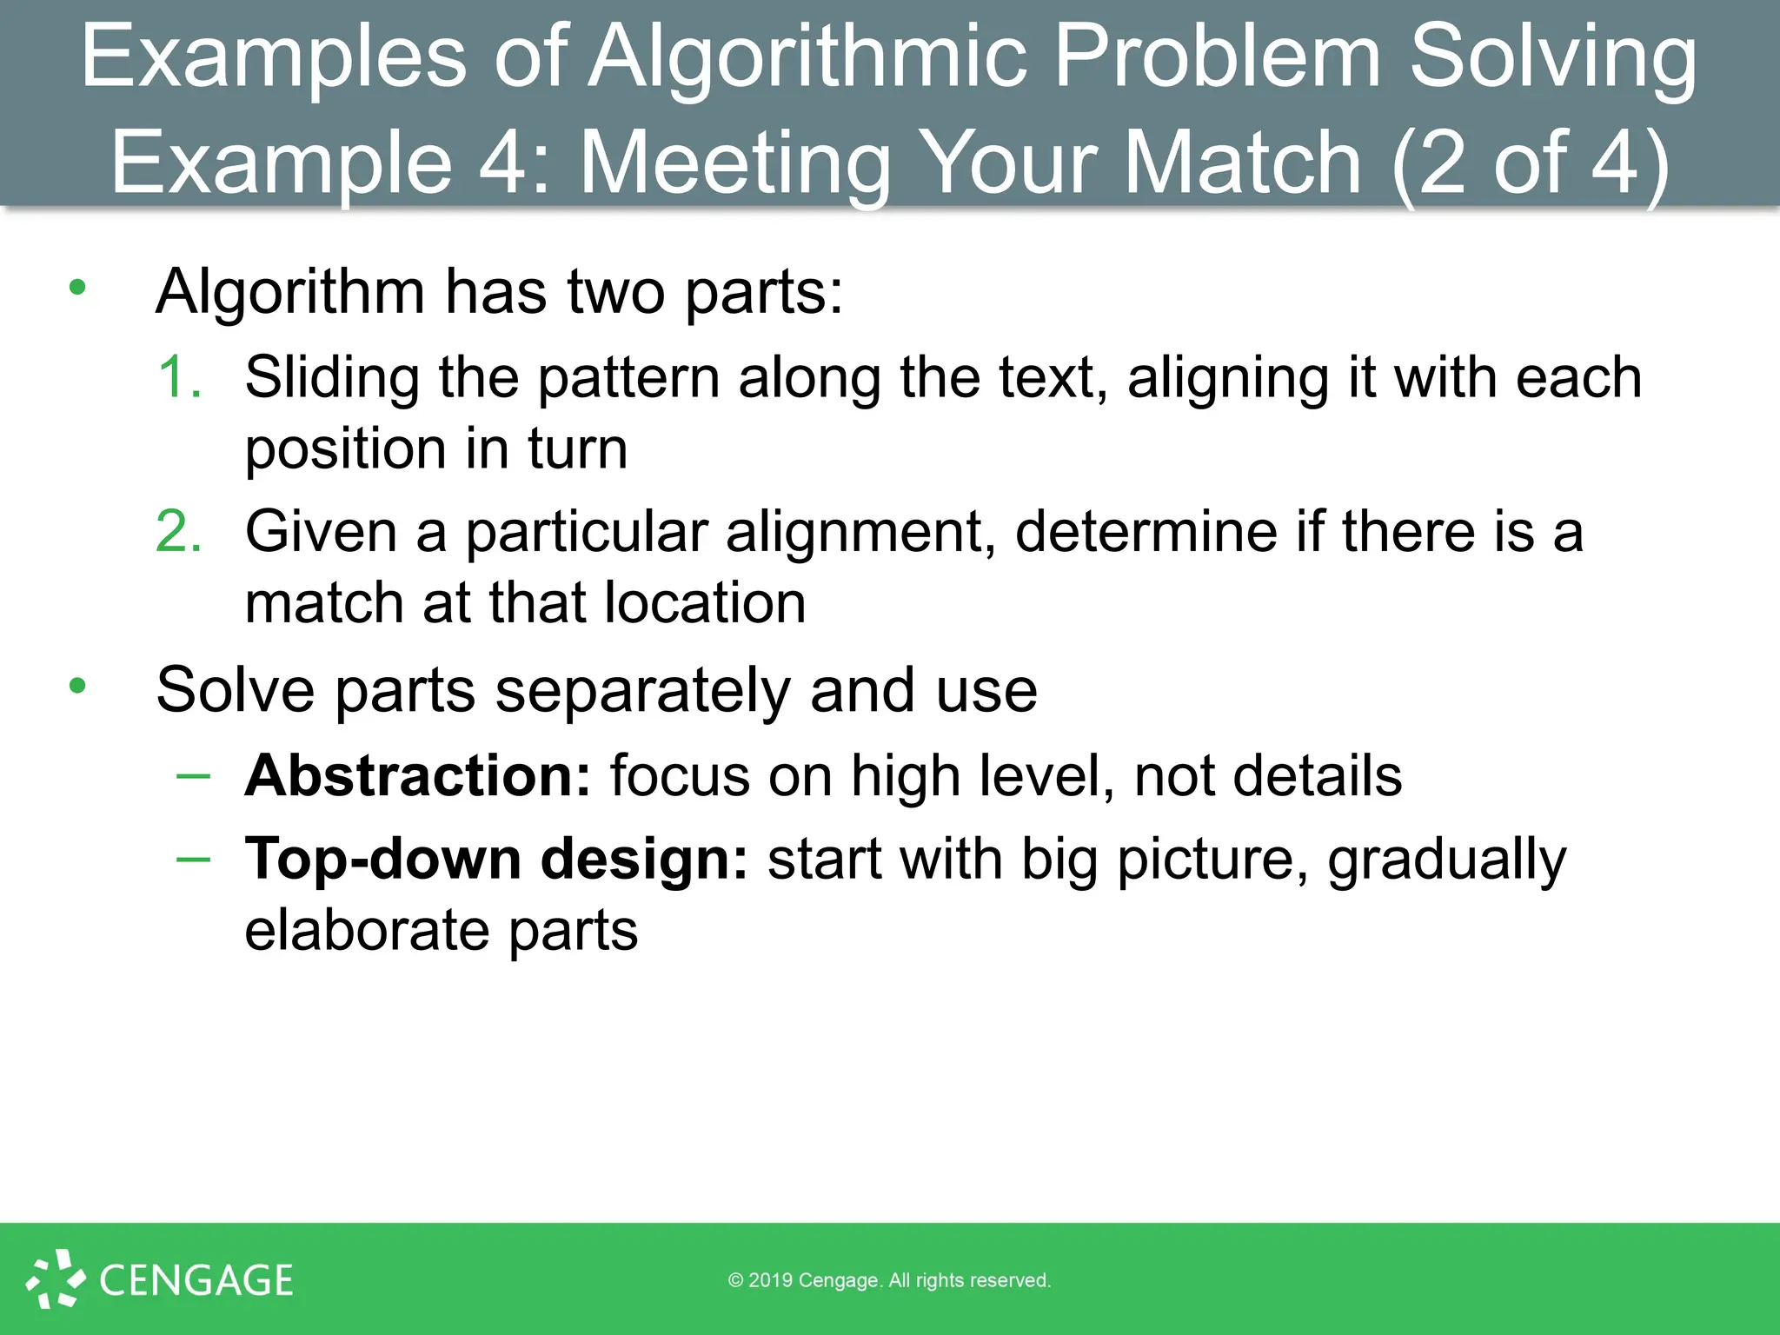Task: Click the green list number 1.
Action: pos(180,378)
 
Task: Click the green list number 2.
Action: pos(179,531)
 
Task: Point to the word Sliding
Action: pos(331,378)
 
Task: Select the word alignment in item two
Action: pos(860,532)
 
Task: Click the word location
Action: pos(705,603)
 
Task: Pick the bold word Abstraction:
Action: pos(418,775)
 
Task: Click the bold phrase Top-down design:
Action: pos(496,860)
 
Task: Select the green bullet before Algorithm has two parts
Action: pos(78,288)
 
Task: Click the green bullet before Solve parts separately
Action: pos(78,687)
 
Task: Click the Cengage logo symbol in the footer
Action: pos(55,1279)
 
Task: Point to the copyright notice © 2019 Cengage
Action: pos(889,1280)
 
